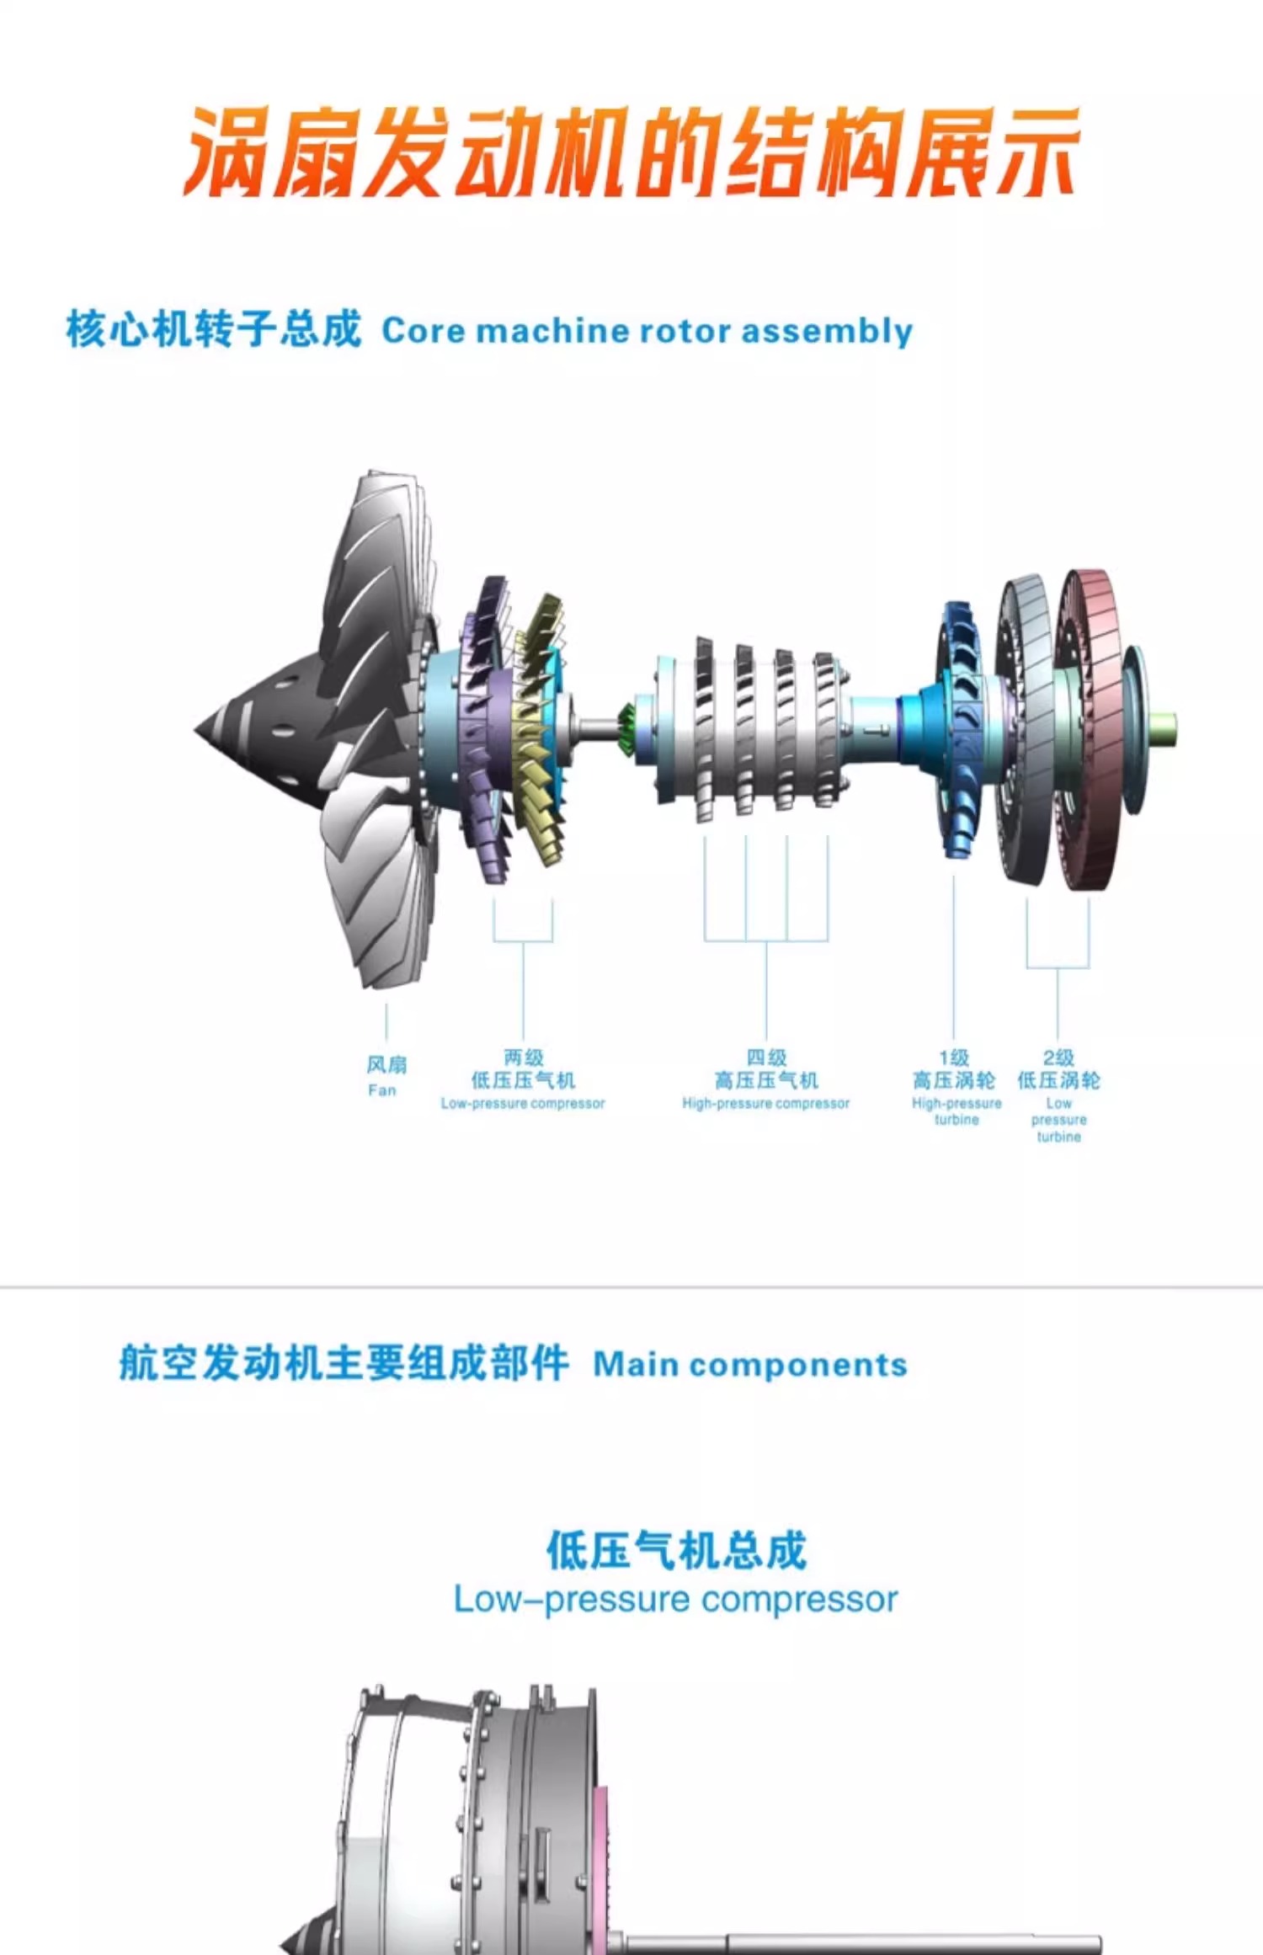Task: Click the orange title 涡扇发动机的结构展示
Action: pyautogui.click(x=631, y=153)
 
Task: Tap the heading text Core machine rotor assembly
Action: pyautogui.click(x=647, y=331)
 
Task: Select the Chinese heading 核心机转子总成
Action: pyautogui.click(x=214, y=328)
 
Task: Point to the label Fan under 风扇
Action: pyautogui.click(x=382, y=1090)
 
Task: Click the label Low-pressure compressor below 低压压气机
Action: pyautogui.click(x=523, y=1103)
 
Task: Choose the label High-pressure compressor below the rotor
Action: pyautogui.click(x=765, y=1103)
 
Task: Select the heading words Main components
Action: pyautogui.click(x=749, y=1365)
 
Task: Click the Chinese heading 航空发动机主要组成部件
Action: pyautogui.click(x=344, y=1363)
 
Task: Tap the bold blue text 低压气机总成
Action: pyautogui.click(x=676, y=1550)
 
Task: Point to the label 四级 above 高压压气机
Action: pyautogui.click(x=765, y=1057)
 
